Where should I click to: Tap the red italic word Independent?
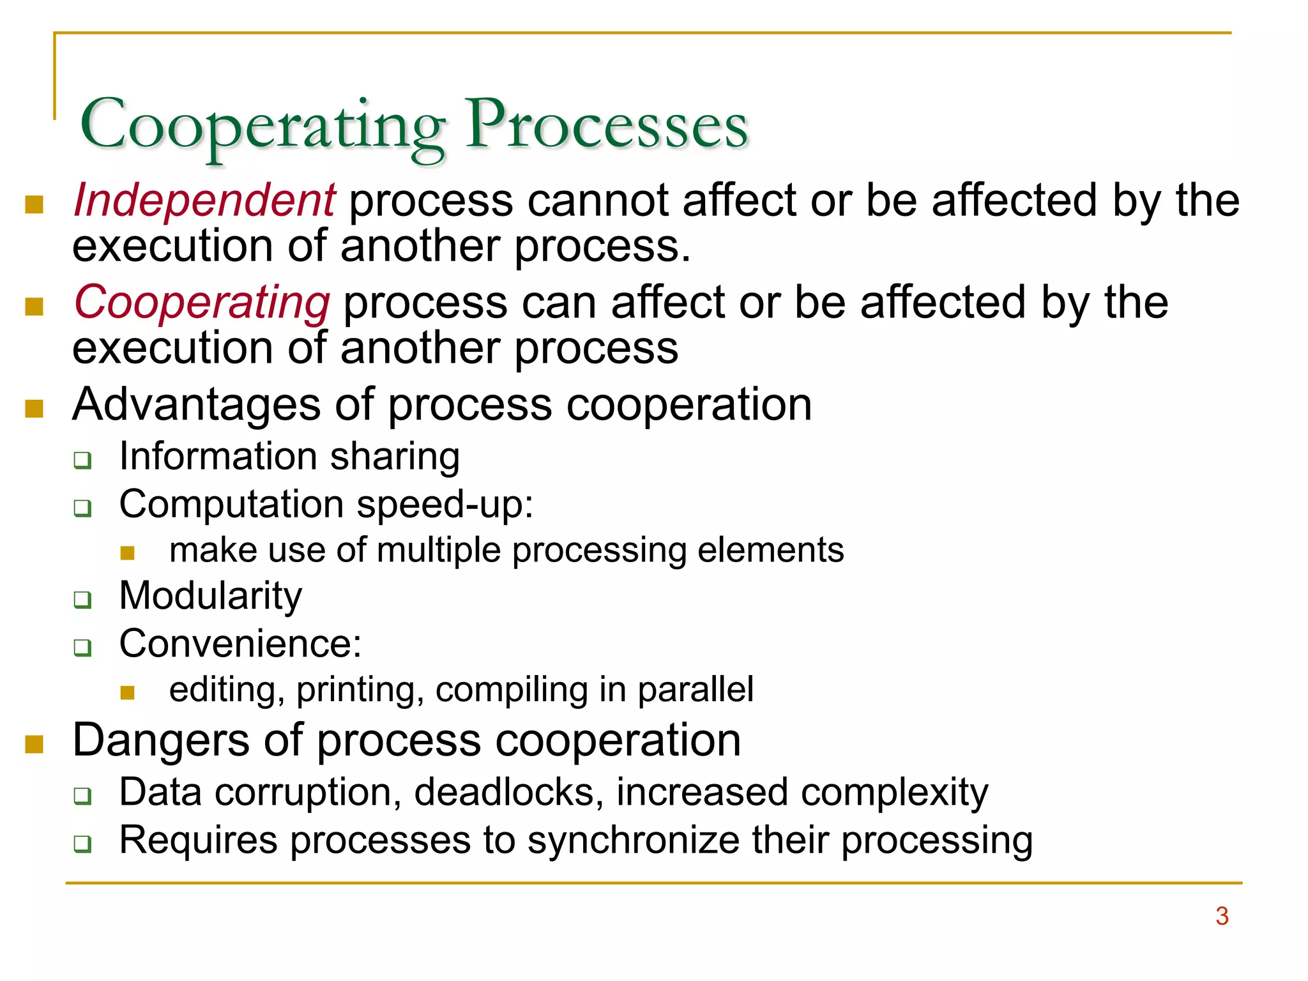(x=204, y=201)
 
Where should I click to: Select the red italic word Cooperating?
(x=202, y=302)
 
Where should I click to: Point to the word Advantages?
(x=197, y=405)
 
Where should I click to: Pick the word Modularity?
(x=211, y=597)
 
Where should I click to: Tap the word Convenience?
(x=240, y=644)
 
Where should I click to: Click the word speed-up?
(x=445, y=505)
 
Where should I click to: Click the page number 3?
(x=1222, y=916)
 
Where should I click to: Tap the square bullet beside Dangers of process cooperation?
(x=34, y=744)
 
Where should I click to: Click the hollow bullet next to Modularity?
(x=82, y=600)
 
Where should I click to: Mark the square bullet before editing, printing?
(x=128, y=693)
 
